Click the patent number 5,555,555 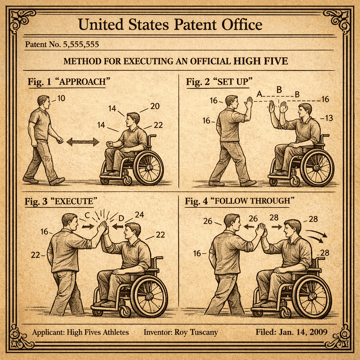click(81, 44)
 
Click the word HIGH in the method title click(247, 61)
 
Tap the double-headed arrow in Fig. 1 click(83, 142)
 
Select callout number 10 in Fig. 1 click(61, 98)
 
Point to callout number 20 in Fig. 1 click(155, 106)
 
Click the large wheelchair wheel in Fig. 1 click(148, 168)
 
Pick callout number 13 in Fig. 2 click(329, 118)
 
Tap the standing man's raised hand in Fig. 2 click(248, 102)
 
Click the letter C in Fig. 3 click(87, 216)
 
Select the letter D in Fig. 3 click(121, 218)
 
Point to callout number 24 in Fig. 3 click(139, 215)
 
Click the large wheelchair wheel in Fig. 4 click(312, 296)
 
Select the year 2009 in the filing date click(318, 332)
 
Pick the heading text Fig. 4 click(196, 201)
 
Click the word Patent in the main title click(195, 25)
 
